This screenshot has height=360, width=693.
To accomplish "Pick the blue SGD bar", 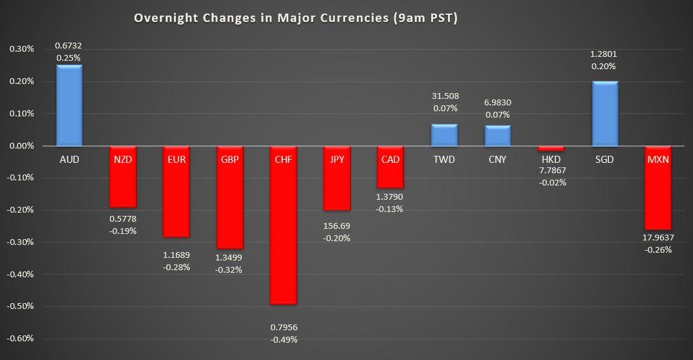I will [x=604, y=114].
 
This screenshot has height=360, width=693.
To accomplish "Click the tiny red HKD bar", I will [x=551, y=148].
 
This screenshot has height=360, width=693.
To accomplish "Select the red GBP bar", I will [x=229, y=197].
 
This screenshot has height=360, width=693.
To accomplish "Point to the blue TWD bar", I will [x=444, y=135].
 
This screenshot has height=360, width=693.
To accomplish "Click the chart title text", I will [x=295, y=18].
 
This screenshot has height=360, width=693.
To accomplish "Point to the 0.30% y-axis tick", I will [x=22, y=49].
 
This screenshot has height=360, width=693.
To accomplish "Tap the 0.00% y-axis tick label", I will [x=22, y=146].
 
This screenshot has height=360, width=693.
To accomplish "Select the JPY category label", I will [x=337, y=159].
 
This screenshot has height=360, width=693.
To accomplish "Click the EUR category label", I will [x=176, y=159].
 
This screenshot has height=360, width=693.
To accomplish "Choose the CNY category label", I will [x=497, y=159].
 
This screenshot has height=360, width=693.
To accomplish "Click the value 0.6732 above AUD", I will [x=69, y=45].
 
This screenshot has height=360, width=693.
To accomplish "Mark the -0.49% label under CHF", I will [x=284, y=339].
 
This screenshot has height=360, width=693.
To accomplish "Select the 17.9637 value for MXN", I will [x=658, y=237].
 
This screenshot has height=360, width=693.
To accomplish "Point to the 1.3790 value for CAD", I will [x=390, y=196].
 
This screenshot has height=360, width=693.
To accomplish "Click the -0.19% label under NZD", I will [x=123, y=231].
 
